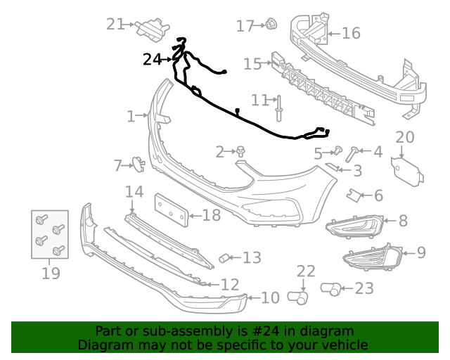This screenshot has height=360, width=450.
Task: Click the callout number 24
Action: [152, 60]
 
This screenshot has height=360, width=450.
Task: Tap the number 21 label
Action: [115, 24]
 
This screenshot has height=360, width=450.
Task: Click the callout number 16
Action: [350, 33]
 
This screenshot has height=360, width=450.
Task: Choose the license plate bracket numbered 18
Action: [172, 210]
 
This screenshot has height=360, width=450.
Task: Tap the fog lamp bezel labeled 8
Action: [355, 225]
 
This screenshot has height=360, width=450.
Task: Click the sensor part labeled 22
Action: [300, 298]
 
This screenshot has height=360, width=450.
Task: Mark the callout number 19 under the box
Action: [51, 273]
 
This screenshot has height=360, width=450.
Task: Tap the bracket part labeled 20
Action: [406, 169]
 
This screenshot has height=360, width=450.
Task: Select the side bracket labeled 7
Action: [138, 165]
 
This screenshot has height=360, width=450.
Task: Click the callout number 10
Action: [270, 298]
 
